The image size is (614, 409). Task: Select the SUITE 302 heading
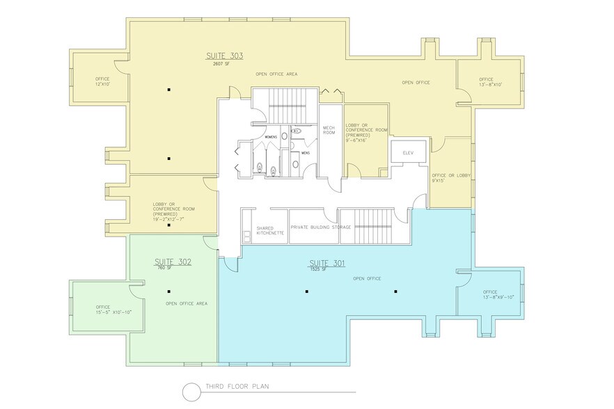(x=172, y=262)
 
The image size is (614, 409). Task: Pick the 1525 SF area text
(x=319, y=269)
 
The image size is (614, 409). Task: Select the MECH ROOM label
(x=329, y=130)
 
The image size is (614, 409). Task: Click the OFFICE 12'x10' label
(x=102, y=81)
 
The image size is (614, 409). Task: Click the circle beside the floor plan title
(x=191, y=392)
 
